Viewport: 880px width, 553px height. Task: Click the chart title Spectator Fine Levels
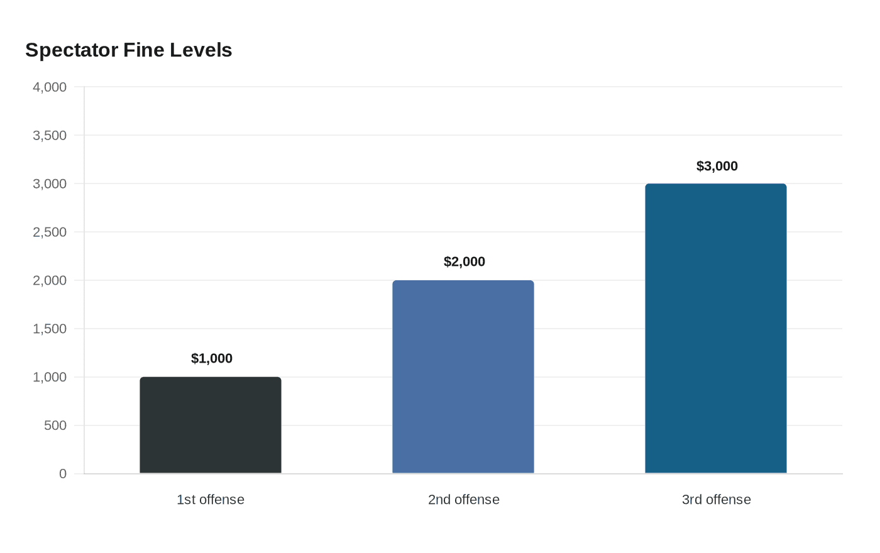(128, 50)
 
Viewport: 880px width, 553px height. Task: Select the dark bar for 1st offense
(211, 425)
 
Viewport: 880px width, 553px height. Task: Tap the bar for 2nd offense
(463, 376)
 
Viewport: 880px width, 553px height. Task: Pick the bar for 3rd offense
(716, 328)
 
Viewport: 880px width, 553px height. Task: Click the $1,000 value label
(212, 358)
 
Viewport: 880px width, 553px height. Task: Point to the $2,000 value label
(465, 261)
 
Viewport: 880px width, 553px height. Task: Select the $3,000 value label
(717, 166)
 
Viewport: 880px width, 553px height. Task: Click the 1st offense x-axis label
(211, 500)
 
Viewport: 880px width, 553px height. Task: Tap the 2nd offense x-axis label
(464, 500)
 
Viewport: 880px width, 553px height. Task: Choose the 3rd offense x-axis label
(716, 500)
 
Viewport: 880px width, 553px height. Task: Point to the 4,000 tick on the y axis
(50, 87)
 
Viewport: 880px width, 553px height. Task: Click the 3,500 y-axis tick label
(50, 136)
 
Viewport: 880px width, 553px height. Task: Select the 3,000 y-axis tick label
(50, 183)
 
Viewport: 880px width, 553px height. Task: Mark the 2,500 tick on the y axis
(50, 232)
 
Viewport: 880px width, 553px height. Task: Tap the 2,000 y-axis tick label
(50, 280)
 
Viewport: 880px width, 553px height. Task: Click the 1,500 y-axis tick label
(50, 329)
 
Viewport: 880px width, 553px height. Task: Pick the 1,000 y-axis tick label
(50, 377)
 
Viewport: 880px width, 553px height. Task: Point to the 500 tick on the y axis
(55, 425)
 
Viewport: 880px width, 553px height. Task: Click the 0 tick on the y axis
(63, 474)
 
